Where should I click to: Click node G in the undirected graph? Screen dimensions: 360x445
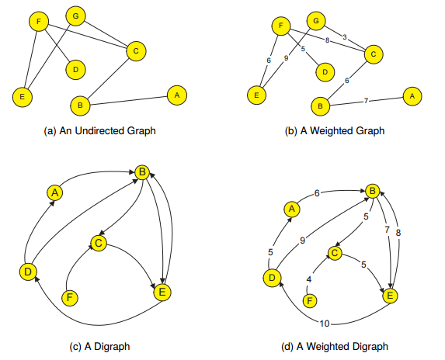[75, 15]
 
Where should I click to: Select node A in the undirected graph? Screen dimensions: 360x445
[177, 95]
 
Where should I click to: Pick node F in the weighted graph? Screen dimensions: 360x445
[282, 26]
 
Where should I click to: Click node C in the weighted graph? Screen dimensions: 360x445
[373, 54]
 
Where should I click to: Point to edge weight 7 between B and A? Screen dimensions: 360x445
[367, 100]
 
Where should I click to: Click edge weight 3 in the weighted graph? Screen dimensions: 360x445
[345, 36]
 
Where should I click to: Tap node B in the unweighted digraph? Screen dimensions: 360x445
[142, 171]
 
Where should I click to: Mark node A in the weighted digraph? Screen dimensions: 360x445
[292, 209]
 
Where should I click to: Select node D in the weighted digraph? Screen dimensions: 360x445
[273, 277]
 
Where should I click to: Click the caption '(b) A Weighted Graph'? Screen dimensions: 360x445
[336, 131]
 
